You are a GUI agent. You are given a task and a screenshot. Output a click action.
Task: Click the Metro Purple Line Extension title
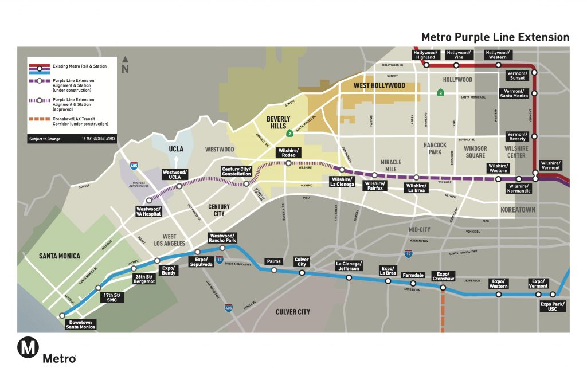click(x=495, y=37)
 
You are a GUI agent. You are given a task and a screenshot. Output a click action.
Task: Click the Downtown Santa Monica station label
click(x=80, y=325)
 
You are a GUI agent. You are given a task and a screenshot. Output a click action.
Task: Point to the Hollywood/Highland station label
click(x=425, y=54)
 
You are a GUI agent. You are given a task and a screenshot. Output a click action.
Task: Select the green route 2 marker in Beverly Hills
click(x=291, y=134)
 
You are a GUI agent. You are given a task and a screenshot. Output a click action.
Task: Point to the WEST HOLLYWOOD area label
click(x=379, y=85)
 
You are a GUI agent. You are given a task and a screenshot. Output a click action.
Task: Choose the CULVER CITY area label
click(x=292, y=311)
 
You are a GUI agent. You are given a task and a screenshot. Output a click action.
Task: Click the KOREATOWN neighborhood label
click(x=518, y=210)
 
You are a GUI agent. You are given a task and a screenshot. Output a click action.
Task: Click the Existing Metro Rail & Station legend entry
click(x=80, y=66)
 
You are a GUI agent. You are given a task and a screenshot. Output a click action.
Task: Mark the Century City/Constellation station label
click(x=236, y=171)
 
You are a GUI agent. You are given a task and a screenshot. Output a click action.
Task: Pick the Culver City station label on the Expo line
click(x=302, y=262)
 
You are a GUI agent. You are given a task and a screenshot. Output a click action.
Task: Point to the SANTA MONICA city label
click(x=60, y=256)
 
